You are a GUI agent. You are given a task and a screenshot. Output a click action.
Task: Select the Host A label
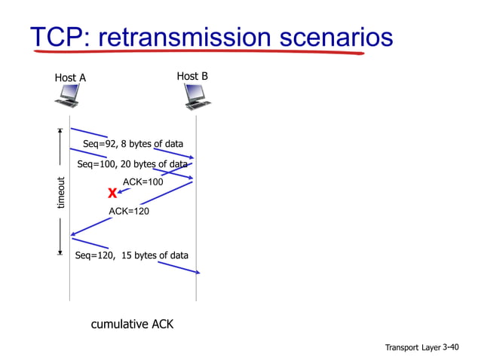tap(70, 78)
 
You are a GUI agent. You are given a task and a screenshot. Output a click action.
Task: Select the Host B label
tap(192, 76)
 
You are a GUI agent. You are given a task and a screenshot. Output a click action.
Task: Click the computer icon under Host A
tap(69, 96)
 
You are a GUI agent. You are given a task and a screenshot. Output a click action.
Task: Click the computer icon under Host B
tap(197, 96)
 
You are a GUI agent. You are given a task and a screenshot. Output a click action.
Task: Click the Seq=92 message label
tap(133, 144)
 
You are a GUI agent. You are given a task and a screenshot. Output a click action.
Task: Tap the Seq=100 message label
tap(132, 164)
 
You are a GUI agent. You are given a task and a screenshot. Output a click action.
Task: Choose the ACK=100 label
tap(142, 182)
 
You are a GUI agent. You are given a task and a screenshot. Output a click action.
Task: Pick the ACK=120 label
tap(129, 212)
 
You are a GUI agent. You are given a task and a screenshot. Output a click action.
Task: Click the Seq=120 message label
tap(132, 255)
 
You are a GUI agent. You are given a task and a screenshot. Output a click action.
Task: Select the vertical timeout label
tap(61, 193)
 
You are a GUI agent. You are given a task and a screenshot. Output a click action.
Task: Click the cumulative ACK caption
tap(132, 325)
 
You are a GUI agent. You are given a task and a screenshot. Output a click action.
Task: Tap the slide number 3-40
tap(450, 347)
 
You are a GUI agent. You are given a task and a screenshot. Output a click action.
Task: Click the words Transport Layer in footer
tap(412, 348)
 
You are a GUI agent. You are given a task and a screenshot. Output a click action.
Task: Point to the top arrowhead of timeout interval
tap(60, 131)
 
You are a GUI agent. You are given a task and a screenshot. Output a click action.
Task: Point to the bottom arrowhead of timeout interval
tap(60, 252)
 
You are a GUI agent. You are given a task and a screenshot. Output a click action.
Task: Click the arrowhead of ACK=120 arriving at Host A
tap(73, 235)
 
